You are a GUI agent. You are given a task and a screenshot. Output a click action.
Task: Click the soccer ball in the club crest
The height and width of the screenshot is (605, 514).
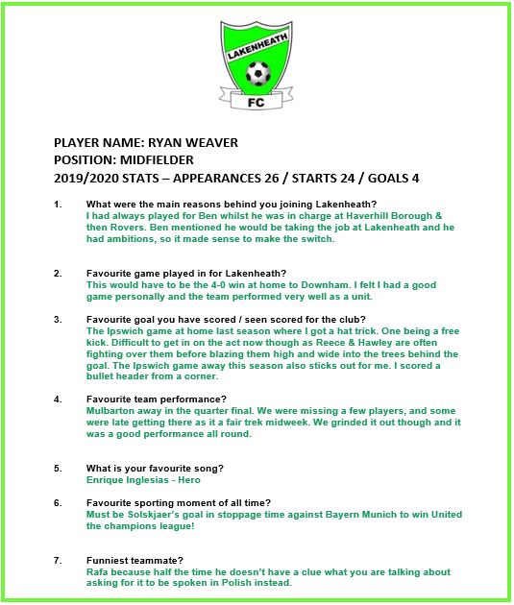tap(257, 73)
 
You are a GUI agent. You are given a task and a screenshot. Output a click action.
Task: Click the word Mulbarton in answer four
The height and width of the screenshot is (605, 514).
tap(116, 409)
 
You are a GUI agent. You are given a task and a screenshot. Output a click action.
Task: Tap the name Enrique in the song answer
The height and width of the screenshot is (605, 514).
tap(107, 479)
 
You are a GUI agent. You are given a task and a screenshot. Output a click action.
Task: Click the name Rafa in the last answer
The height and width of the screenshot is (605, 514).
tap(99, 571)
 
